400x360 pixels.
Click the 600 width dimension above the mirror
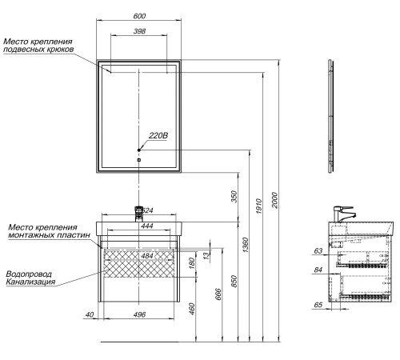(x=139, y=16)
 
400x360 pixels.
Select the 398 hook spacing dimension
(x=139, y=31)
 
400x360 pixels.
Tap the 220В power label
(x=158, y=135)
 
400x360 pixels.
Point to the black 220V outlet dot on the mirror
(x=138, y=150)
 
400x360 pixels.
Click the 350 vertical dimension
(x=234, y=197)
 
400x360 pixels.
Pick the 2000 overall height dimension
(x=274, y=200)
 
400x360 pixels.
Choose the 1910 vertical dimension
(x=258, y=206)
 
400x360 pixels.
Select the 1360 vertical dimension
(x=245, y=245)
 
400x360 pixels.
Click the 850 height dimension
(x=234, y=282)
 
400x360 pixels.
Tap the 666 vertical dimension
(x=218, y=294)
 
